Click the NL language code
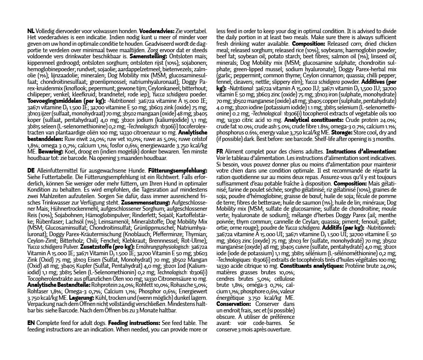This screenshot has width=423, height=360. [31, 31]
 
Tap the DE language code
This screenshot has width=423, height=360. [32, 170]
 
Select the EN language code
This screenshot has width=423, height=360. [31, 323]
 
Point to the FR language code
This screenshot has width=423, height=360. [220, 152]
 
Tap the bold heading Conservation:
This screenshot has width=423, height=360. [233, 304]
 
